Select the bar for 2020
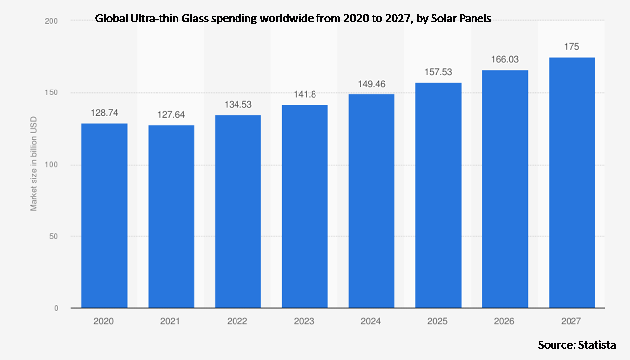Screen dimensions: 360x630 click(104, 215)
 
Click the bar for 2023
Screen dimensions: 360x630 click(305, 206)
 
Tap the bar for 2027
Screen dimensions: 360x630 click(571, 182)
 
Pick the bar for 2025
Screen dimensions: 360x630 click(438, 195)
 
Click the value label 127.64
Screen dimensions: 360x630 click(171, 115)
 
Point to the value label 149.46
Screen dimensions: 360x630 click(371, 84)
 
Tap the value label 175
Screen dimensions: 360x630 click(571, 47)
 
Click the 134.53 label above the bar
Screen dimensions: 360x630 click(237, 105)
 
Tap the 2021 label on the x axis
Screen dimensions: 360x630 click(171, 321)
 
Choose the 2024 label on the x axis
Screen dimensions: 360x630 click(371, 321)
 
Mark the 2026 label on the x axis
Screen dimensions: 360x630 click(505, 321)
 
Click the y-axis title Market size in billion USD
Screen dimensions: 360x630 click(34, 165)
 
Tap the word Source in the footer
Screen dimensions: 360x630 click(553, 345)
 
